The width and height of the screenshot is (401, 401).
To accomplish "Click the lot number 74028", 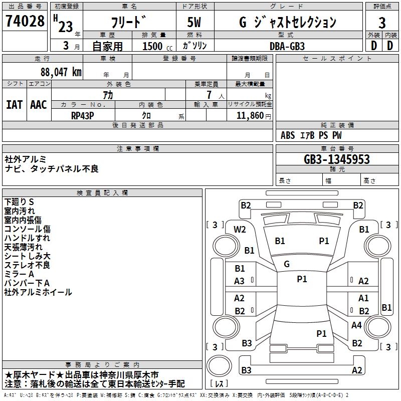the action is pyautogui.click(x=24, y=22).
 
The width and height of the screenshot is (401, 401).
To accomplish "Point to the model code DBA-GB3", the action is pyautogui.click(x=286, y=46).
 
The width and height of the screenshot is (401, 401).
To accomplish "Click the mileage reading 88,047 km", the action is pyautogui.click(x=61, y=72).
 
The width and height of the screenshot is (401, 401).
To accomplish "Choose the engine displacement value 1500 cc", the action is pyautogui.click(x=155, y=46).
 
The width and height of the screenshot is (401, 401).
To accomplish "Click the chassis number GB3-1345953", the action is pyautogui.click(x=337, y=159).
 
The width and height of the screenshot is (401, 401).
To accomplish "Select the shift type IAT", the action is pyautogui.click(x=14, y=105).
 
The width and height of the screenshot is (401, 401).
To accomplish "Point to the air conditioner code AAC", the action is pyautogui.click(x=38, y=105).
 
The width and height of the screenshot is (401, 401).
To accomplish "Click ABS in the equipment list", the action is pyautogui.click(x=288, y=135).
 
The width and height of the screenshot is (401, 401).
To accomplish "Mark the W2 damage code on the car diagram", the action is pyautogui.click(x=240, y=230).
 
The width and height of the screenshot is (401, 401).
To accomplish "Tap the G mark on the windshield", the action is pyautogui.click(x=287, y=264).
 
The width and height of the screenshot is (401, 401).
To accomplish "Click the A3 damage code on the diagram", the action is pyautogui.click(x=240, y=281).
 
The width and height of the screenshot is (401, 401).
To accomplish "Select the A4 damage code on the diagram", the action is pyautogui.click(x=356, y=325).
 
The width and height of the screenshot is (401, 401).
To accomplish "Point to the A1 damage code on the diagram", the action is pyautogui.click(x=363, y=298).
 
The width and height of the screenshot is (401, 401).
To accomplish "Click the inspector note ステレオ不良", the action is pyautogui.click(x=27, y=265).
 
